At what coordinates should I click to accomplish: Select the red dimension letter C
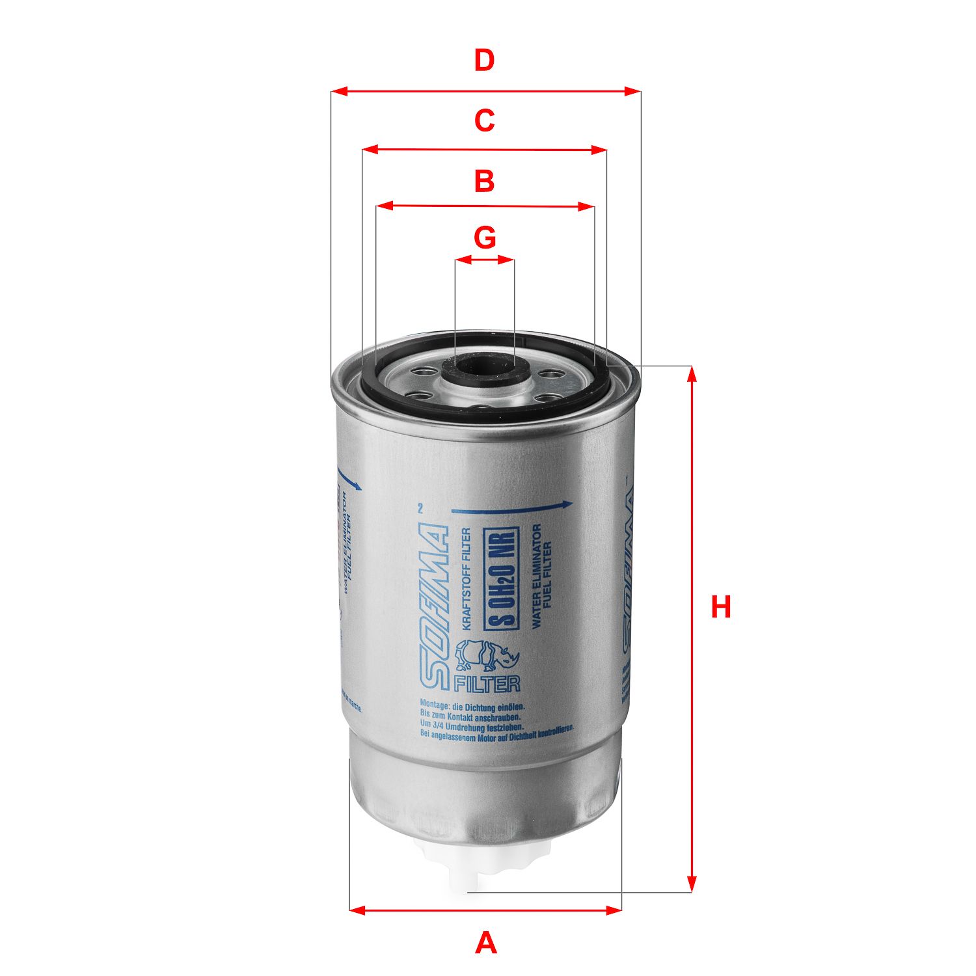tap(484, 120)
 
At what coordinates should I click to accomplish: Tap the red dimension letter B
tap(484, 181)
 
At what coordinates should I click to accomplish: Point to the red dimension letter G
tap(485, 238)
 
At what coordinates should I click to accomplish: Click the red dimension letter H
tap(720, 606)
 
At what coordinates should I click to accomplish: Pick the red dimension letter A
tap(485, 943)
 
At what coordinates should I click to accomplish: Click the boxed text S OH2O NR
tap(502, 578)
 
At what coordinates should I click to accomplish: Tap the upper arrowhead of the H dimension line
tap(692, 373)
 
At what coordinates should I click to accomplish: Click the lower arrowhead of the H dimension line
tap(692, 884)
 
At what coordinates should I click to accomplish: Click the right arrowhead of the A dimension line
tap(614, 909)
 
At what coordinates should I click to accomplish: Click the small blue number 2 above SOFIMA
tap(420, 509)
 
